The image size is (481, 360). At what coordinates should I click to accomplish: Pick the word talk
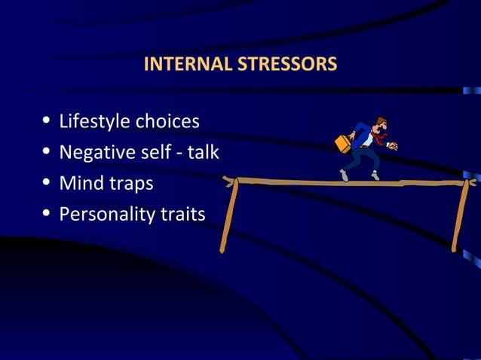coord(203,152)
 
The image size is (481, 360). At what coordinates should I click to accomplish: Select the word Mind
coord(79,184)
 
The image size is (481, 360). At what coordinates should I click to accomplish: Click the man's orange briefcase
coord(343,143)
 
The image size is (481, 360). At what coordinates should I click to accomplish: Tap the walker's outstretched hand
coord(393,146)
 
